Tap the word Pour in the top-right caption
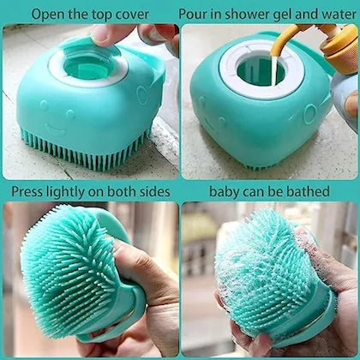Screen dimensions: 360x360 click(x=195, y=13)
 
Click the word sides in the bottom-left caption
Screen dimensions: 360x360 click(x=153, y=190)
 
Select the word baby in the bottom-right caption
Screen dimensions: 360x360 click(x=229, y=190)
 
